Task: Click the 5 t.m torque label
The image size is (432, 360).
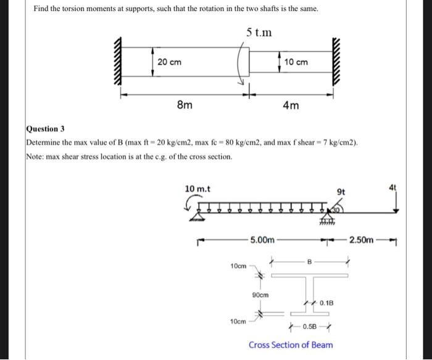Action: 257,31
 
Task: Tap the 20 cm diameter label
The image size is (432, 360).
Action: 169,62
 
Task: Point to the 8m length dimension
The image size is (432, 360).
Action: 183,105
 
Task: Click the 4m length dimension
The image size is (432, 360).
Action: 291,105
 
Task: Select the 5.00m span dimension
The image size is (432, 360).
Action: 262,239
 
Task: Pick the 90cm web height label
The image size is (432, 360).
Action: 260,295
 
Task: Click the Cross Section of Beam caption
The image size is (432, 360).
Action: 291,345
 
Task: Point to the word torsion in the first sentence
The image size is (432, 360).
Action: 81,9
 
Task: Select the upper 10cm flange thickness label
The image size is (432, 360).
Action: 238,266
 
